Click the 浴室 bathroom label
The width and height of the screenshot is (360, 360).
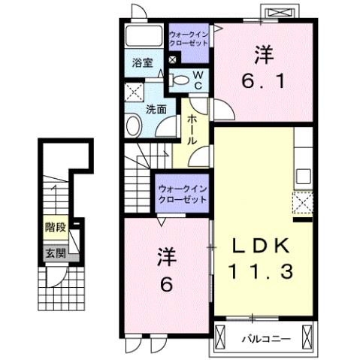coord(144,62)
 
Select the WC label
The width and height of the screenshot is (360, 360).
coord(197,80)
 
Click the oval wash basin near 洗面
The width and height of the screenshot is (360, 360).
coord(135,125)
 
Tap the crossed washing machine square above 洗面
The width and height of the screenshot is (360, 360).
coord(135,92)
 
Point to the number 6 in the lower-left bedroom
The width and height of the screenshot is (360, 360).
coord(165,285)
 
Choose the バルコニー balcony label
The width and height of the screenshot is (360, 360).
coord(266,338)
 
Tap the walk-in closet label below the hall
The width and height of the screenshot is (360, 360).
coord(183,194)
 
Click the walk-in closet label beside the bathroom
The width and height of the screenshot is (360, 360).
coord(189,38)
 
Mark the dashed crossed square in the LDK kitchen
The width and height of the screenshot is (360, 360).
coord(304,204)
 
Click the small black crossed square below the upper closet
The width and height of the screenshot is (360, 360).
coord(174,60)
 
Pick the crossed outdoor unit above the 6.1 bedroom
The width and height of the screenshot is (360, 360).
coord(279,13)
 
